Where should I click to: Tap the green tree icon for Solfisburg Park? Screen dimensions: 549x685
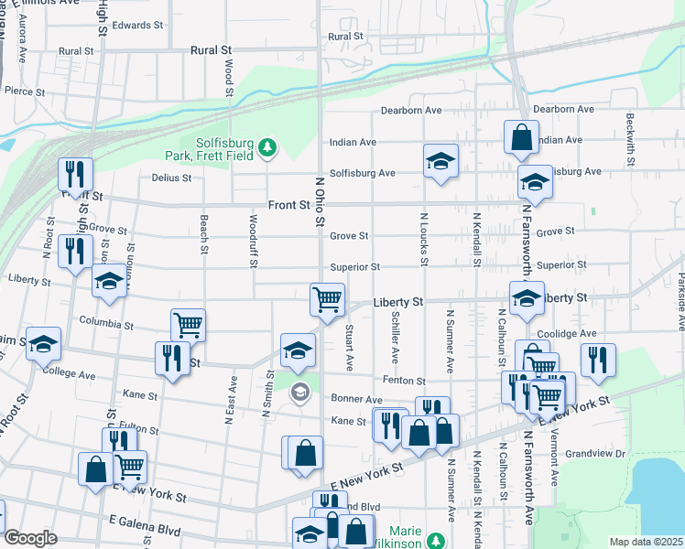pos(266,146)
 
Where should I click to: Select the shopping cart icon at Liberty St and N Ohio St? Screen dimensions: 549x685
pos(327,298)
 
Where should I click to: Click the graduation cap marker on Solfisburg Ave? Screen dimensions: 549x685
pos(440,161)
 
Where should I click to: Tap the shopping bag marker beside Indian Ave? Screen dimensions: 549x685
pos(521,137)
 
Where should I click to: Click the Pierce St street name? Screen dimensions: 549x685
pos(24,91)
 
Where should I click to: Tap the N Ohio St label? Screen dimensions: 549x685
pos(321,201)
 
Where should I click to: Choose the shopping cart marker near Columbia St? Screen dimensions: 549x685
pos(188,324)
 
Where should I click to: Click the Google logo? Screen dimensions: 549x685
pos(30,538)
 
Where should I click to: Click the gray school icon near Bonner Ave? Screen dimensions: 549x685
pos(299,393)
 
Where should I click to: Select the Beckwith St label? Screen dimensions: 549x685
pos(630,134)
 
